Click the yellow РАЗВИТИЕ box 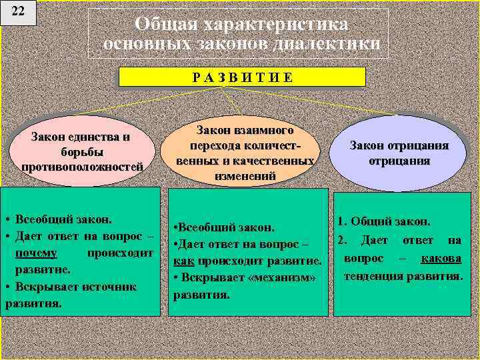[x=242, y=77]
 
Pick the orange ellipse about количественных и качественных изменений [x=245, y=153]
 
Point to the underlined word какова [x=441, y=258]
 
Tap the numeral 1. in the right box [x=342, y=221]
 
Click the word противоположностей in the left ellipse [x=82, y=166]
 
